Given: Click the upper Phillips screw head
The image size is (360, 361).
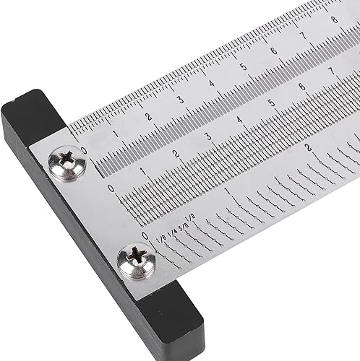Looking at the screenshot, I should coord(67,163).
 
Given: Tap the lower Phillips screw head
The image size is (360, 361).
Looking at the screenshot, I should coord(136,261).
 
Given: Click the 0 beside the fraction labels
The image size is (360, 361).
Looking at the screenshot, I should coord(146,235).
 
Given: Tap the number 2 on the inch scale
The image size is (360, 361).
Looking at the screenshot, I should coord(309,148).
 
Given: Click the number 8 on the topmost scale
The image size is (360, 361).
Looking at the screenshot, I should coord(333,19).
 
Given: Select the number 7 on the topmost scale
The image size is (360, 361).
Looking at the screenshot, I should coord(303,34).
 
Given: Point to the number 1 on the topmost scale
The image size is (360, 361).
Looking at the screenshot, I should coord(116,133).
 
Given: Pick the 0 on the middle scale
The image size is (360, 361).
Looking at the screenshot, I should coord(111,188).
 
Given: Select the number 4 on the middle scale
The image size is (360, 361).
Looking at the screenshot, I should coord(240,119).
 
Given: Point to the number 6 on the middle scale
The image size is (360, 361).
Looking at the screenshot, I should coord(301,87).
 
